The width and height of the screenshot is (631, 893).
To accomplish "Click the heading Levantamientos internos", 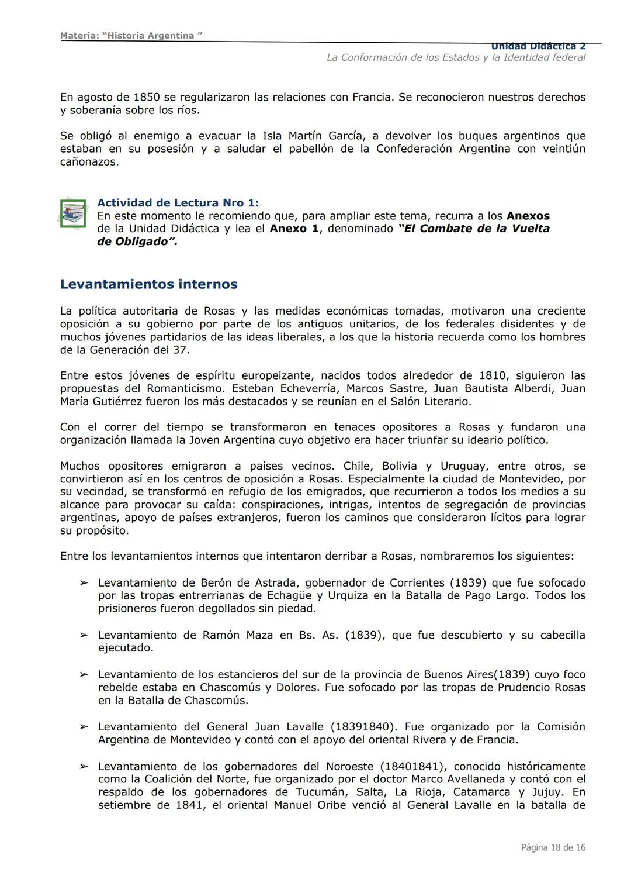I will tap(148, 285).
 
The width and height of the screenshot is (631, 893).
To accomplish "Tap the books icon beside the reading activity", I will tap(72, 213).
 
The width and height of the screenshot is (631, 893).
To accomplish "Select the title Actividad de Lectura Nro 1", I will tap(178, 203).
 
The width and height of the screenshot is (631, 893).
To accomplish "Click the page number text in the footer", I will tap(553, 847).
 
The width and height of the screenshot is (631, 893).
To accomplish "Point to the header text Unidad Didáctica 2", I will tap(538, 46).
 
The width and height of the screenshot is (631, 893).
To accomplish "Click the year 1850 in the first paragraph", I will tap(146, 97).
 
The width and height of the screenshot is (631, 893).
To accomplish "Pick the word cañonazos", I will tap(89, 161).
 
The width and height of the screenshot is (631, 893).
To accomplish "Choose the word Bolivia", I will tap(400, 466).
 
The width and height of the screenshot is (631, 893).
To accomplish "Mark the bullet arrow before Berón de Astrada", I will tap(84, 583).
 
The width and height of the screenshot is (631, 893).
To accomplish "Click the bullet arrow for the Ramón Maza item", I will tap(84, 635).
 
